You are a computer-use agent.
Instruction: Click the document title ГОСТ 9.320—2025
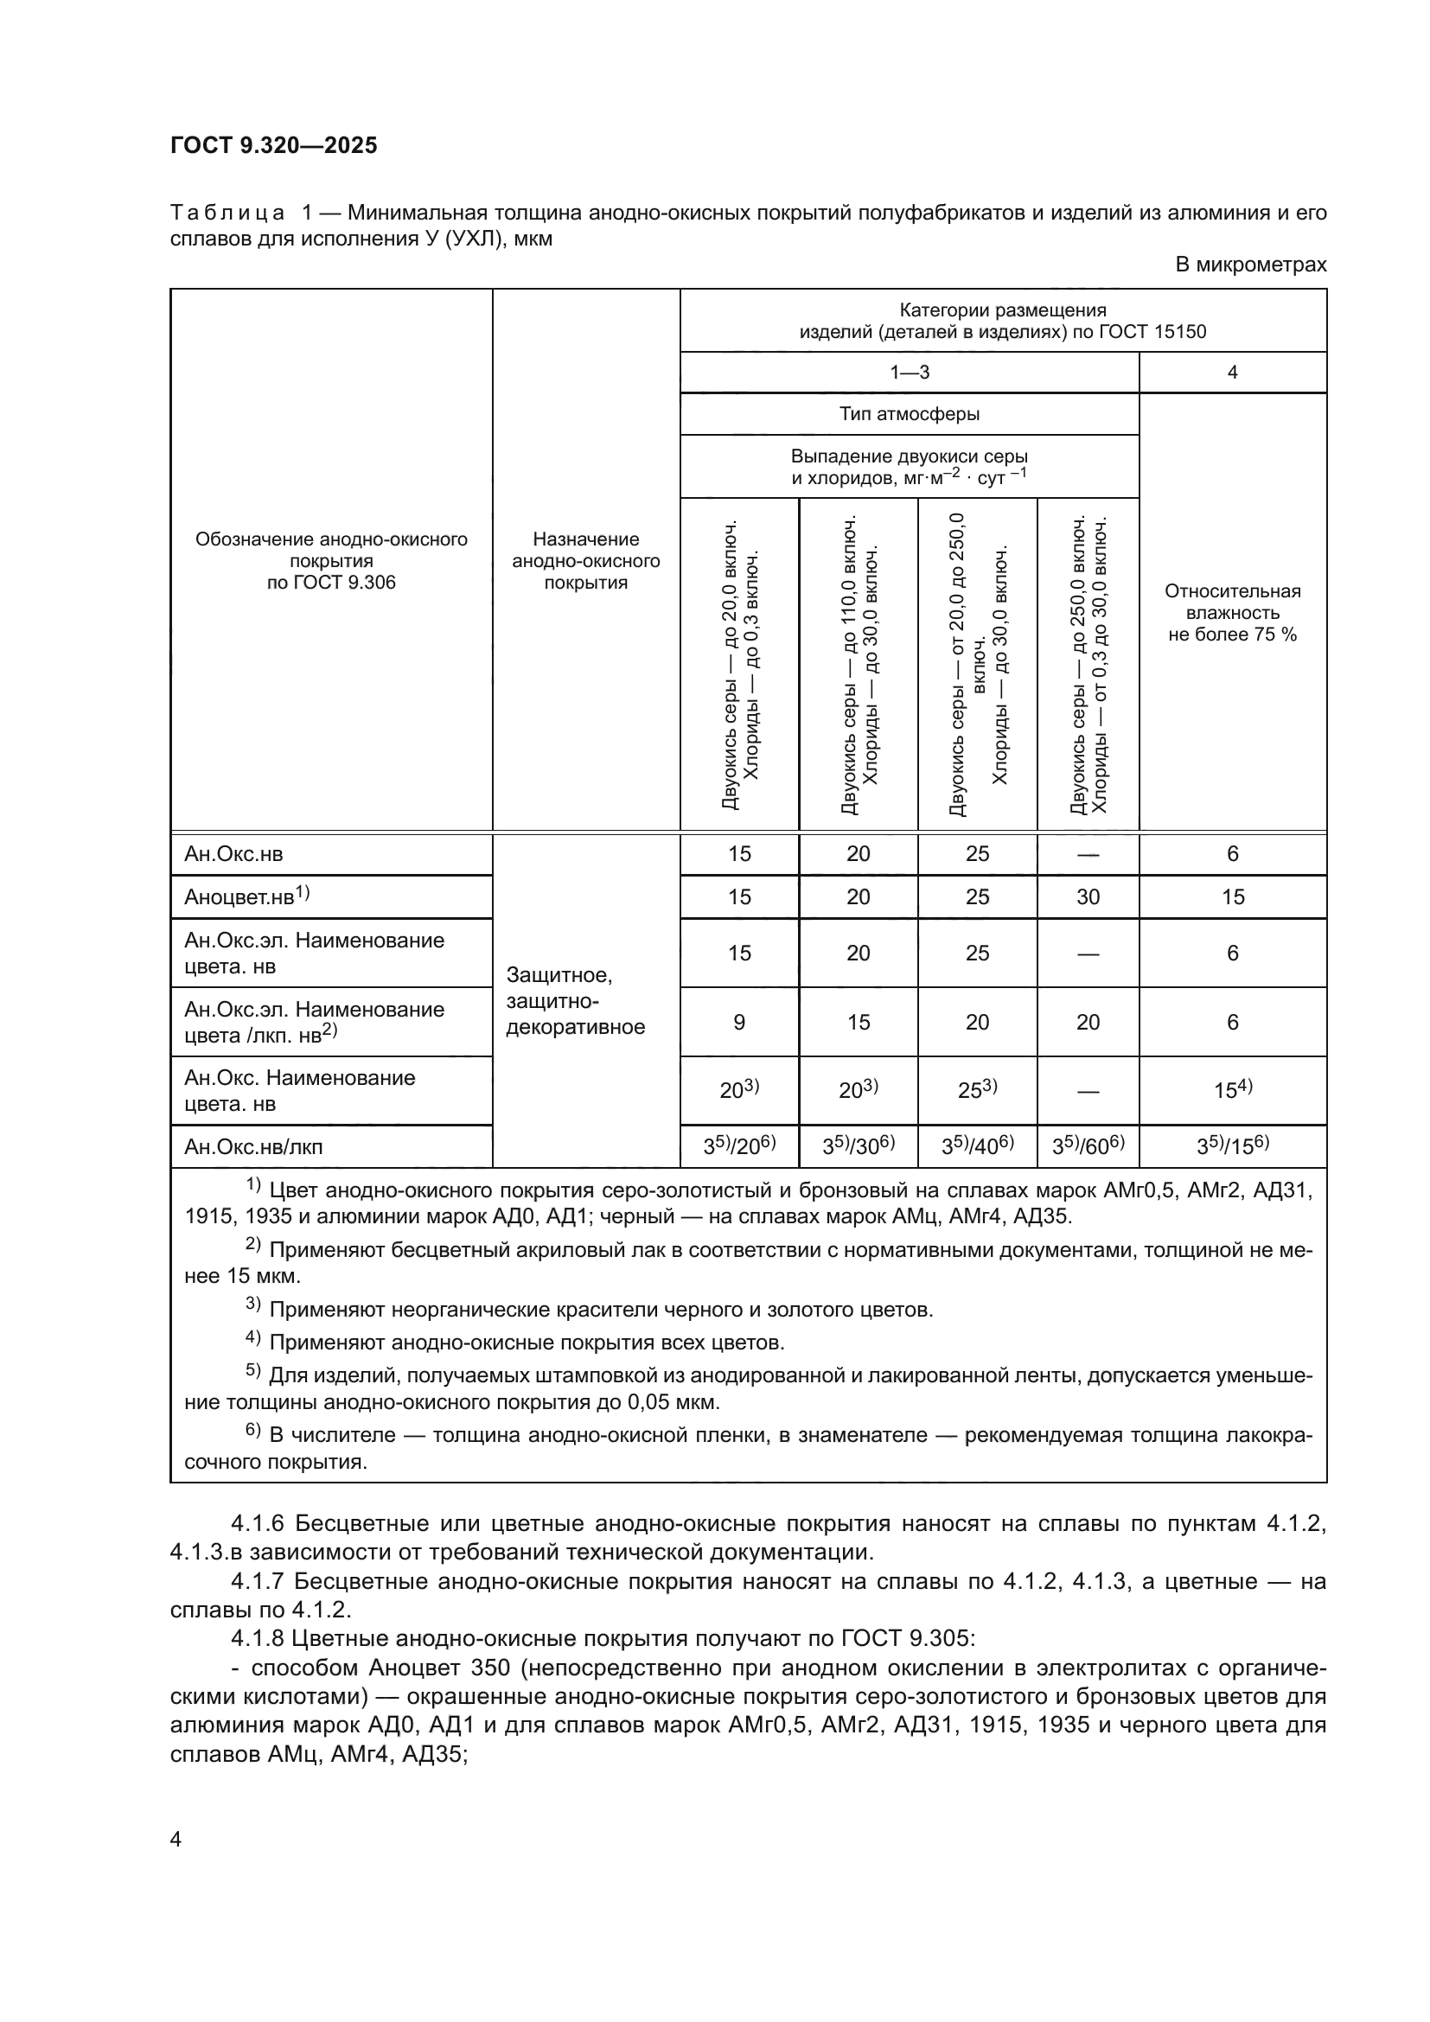click(x=274, y=145)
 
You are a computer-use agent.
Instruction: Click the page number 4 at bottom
click(x=176, y=1839)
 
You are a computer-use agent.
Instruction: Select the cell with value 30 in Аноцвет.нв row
click(x=1088, y=896)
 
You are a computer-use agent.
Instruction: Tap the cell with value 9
click(x=738, y=1022)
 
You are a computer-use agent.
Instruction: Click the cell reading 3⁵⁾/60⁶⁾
click(x=1088, y=1145)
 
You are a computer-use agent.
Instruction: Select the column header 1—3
click(x=909, y=373)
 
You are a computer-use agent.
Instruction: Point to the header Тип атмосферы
click(x=909, y=414)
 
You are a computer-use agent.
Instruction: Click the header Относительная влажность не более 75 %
click(x=1232, y=612)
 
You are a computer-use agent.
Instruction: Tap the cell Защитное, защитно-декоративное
click(x=576, y=1000)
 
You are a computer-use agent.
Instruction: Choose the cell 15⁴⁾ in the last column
click(x=1232, y=1090)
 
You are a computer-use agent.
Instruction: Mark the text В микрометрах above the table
click(x=1250, y=265)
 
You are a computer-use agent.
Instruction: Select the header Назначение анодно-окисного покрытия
click(x=585, y=560)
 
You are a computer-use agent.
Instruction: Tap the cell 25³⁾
click(x=976, y=1090)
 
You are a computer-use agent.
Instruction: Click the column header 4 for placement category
click(x=1232, y=373)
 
